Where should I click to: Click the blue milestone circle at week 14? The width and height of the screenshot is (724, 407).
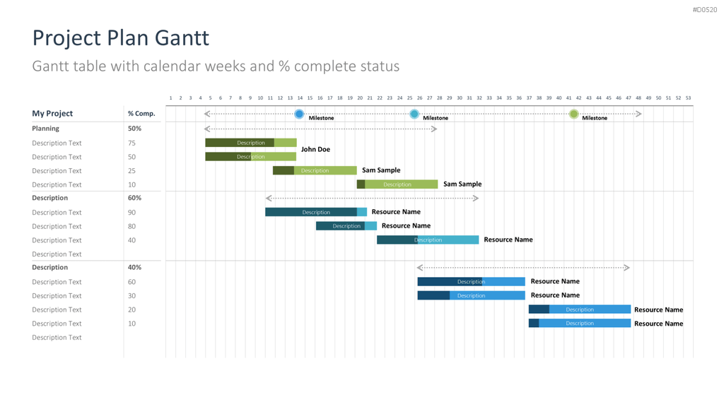click(x=299, y=114)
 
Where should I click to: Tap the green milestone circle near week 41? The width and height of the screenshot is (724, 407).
click(x=573, y=114)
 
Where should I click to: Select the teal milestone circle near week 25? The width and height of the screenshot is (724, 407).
click(x=414, y=114)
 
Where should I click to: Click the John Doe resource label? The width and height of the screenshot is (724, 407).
click(x=315, y=149)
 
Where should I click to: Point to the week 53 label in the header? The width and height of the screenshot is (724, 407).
click(x=688, y=98)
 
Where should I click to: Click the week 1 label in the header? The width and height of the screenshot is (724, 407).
click(x=170, y=98)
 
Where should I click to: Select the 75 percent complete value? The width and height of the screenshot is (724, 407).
click(x=132, y=143)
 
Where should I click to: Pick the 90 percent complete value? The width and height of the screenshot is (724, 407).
click(x=132, y=212)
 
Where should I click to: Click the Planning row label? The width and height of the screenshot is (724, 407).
click(x=45, y=129)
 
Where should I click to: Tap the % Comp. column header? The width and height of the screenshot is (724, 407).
click(x=141, y=114)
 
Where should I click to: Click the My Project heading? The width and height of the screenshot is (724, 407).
click(x=52, y=114)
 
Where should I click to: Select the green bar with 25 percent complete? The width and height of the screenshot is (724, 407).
click(x=315, y=170)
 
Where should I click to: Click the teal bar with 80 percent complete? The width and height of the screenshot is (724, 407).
click(x=346, y=225)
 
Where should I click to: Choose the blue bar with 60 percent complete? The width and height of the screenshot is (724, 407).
click(x=471, y=281)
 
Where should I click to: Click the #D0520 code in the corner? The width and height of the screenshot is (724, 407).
click(x=705, y=10)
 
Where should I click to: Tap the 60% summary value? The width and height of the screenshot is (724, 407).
click(x=134, y=198)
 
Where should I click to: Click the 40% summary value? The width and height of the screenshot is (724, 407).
click(x=134, y=267)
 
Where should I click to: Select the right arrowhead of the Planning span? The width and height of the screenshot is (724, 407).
click(x=434, y=129)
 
